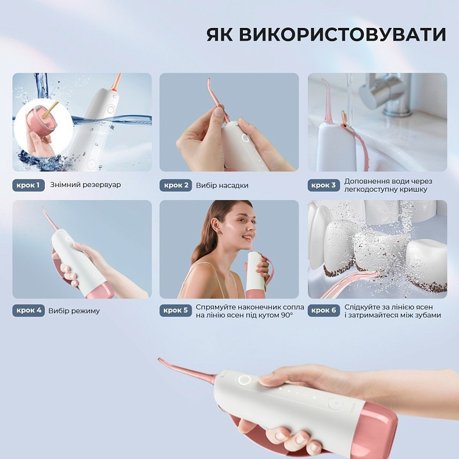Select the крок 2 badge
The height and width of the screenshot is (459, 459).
point(175,185)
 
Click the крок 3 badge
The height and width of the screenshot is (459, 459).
point(323,185)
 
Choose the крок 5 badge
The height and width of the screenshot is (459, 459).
point(175,310)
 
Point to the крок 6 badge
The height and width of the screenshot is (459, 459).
point(323,310)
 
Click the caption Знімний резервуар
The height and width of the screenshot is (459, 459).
point(85,185)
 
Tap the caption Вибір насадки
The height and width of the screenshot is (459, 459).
point(222,185)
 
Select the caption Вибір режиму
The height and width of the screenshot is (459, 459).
point(74,311)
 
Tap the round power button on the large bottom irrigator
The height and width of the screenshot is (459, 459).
point(245,380)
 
